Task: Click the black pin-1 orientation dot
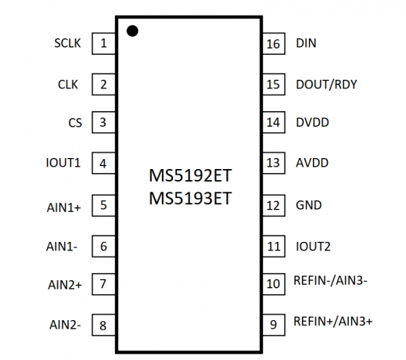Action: pos(132,31)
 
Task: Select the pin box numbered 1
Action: pos(103,44)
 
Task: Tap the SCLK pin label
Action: pos(67,43)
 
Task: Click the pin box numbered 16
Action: pos(274,44)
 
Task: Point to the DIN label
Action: pos(306,43)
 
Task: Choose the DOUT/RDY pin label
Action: pos(326,85)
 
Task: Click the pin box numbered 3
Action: pos(103,122)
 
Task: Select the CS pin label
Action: pos(75,123)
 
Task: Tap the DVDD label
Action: pos(312,122)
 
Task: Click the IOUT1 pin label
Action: pos(63,163)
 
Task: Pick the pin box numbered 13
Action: pos(274,163)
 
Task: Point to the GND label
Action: pos(309,205)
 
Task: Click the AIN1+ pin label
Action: pos(64,207)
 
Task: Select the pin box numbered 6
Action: pos(103,247)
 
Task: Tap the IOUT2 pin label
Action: pos(313,247)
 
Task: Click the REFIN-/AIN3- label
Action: pos(330,280)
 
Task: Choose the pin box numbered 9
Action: pos(274,325)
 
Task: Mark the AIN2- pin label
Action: pos(65,325)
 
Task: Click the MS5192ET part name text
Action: pos(190,175)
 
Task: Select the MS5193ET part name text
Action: pos(190,198)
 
